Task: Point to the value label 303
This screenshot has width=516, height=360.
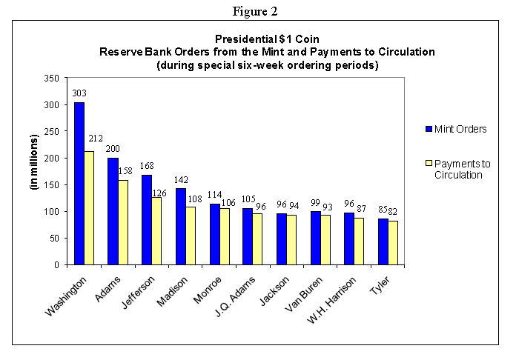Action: point(79,94)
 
